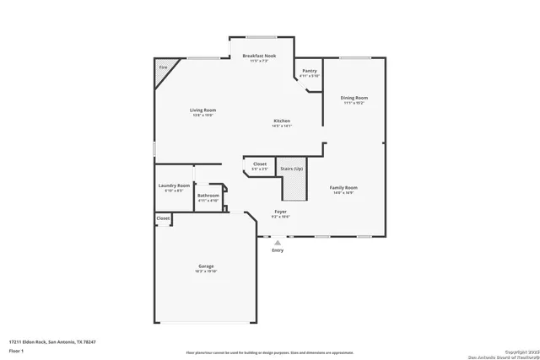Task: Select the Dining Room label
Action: click(354, 98)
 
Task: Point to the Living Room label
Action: click(202, 110)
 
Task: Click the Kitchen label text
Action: click(282, 121)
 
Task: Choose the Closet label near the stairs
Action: click(259, 164)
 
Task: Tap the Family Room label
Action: click(343, 187)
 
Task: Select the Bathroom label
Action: click(208, 197)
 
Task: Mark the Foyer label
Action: click(280, 212)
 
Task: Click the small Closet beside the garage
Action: click(163, 218)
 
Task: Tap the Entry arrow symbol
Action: click(278, 243)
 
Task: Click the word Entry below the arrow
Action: click(278, 250)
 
